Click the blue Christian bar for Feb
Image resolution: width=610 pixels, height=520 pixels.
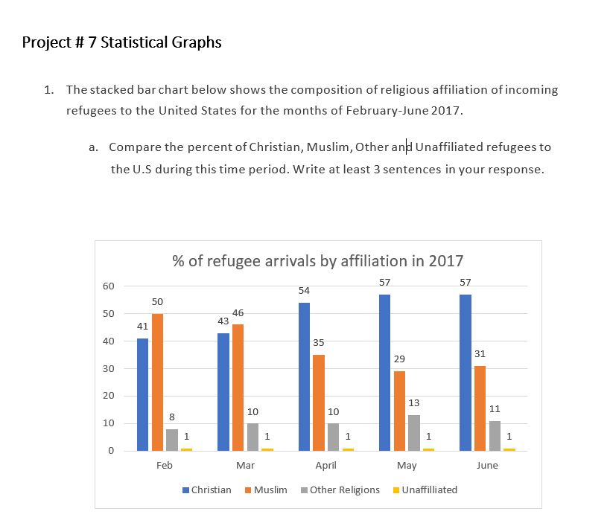142,394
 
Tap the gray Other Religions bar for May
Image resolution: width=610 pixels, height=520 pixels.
414,433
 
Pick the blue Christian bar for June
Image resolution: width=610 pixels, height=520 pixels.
465,372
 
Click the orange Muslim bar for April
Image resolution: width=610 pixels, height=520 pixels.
318,402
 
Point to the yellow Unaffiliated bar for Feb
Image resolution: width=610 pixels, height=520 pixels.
186,449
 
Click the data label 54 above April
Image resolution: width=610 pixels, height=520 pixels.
304,290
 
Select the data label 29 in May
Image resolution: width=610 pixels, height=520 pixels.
400,359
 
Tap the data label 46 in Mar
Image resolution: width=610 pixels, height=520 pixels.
238,313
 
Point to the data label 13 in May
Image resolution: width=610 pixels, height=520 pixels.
414,402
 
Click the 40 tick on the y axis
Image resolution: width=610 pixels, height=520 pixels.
109,341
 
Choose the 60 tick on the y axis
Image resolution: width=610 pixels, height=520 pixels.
109,286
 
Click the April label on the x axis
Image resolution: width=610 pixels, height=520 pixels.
325,466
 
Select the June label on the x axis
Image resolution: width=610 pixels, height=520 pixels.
486,466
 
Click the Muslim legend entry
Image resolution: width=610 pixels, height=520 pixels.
270,489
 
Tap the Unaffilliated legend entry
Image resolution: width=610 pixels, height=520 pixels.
429,489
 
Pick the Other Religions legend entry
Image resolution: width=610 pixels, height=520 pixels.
344,489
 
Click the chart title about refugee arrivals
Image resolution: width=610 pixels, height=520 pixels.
317,261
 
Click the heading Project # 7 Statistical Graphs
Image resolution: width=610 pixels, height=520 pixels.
122,42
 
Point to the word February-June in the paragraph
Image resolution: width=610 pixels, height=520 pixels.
425,111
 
